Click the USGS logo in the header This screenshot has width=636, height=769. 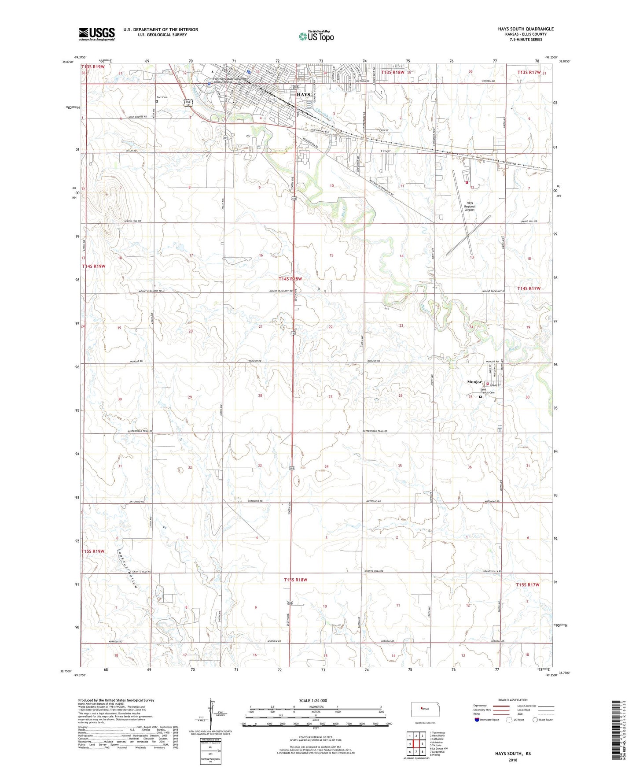(97, 33)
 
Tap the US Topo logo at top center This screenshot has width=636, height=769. (316, 36)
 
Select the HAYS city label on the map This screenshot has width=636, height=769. (303, 95)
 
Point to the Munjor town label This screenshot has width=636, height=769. (474, 382)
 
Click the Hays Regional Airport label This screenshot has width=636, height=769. (470, 207)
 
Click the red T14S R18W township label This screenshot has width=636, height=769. (290, 279)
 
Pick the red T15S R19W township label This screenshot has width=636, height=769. (93, 551)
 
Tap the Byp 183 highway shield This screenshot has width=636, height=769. (188, 103)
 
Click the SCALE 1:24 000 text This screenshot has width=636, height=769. (312, 701)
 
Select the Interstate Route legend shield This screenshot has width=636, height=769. (478, 720)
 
